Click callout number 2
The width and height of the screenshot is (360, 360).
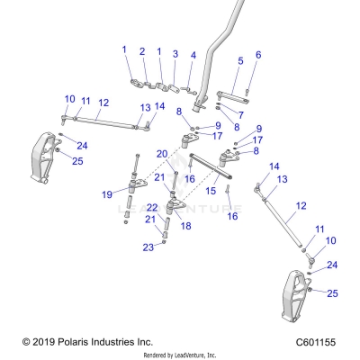(x=142, y=51)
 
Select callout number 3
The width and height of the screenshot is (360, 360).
(x=175, y=54)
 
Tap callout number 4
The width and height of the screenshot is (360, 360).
(x=193, y=55)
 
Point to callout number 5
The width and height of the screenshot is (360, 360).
(x=240, y=61)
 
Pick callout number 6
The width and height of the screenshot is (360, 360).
(x=257, y=55)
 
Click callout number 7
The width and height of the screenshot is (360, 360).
(x=239, y=115)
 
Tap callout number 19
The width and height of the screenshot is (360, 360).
(x=107, y=193)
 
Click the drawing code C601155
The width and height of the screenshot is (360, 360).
(x=323, y=342)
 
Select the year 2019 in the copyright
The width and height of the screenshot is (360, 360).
(x=45, y=342)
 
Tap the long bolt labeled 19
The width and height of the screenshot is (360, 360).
(x=136, y=171)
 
